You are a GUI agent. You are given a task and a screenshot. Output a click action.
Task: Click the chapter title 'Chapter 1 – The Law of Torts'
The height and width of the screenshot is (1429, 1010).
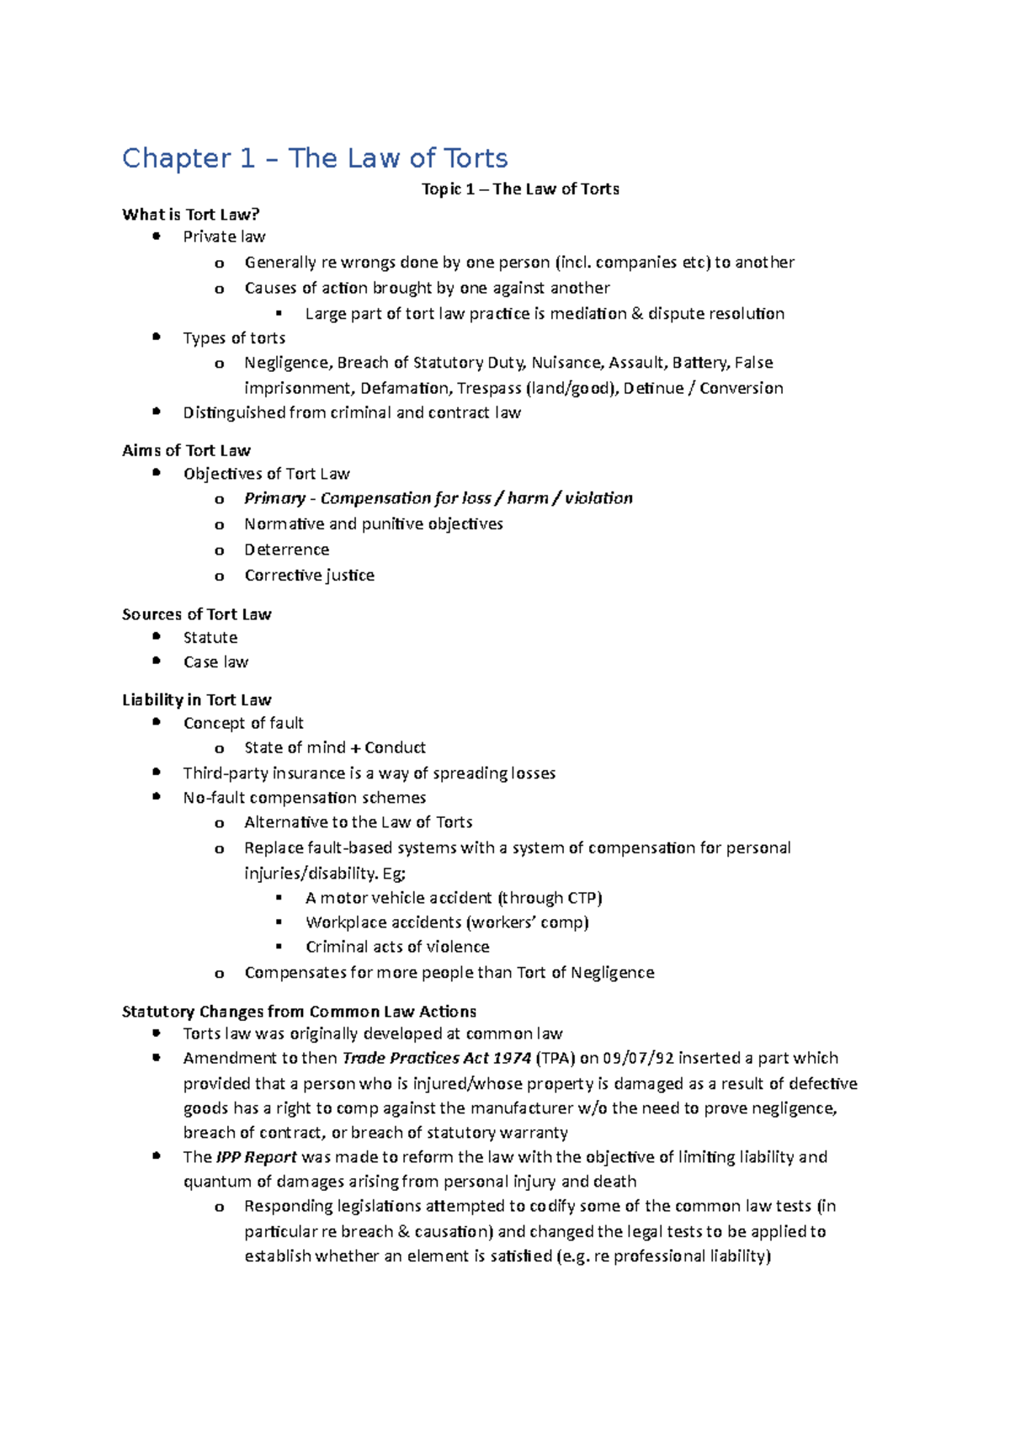click(x=315, y=158)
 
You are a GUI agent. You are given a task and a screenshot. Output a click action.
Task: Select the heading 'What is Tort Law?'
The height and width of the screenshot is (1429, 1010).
click(x=191, y=215)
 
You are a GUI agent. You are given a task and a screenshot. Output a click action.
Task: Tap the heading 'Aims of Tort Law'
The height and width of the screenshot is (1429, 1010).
click(x=186, y=450)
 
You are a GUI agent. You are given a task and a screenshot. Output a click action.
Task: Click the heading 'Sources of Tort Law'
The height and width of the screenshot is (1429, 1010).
click(x=196, y=614)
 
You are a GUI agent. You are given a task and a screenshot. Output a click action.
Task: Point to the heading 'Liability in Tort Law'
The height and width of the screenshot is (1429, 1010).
click(x=196, y=700)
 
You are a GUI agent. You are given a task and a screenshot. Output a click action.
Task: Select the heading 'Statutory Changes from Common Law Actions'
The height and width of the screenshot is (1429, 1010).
click(x=299, y=1012)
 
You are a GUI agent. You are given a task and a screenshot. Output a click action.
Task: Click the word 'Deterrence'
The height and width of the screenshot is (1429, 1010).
click(x=286, y=550)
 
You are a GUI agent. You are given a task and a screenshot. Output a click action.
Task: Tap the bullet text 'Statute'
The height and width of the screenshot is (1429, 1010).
click(x=210, y=638)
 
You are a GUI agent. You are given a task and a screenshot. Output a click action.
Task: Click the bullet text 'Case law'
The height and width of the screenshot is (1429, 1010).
click(x=215, y=662)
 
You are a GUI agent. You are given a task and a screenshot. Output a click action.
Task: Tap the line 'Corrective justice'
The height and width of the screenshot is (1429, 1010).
click(x=309, y=576)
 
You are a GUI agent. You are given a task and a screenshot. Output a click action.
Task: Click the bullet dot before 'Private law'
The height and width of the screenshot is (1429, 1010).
click(x=156, y=236)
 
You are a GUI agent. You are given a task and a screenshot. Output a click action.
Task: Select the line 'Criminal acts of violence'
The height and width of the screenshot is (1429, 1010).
click(x=397, y=947)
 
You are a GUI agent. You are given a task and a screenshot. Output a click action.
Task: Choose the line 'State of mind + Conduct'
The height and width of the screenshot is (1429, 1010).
click(x=334, y=747)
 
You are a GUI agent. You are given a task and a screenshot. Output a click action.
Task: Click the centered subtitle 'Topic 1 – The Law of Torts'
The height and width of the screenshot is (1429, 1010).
click(x=520, y=189)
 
